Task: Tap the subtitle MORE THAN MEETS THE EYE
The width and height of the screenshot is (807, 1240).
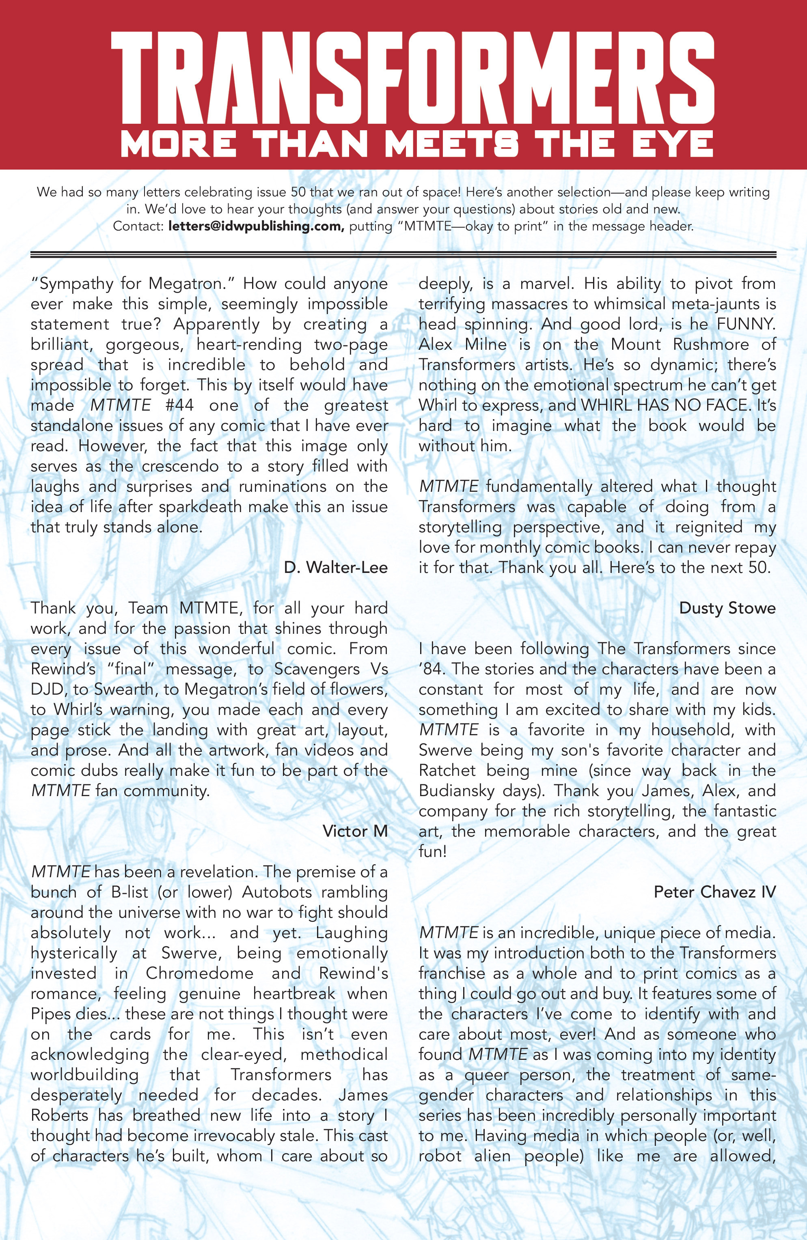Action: click(416, 143)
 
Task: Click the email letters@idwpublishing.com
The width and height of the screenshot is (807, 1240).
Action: click(256, 227)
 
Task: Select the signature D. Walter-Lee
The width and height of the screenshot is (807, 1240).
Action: click(336, 567)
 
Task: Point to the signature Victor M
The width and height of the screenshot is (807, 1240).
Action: click(355, 831)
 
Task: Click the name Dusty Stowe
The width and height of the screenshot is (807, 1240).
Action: click(727, 608)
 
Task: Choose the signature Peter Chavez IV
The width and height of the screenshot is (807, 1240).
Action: click(715, 892)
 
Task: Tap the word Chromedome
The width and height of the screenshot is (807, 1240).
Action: click(199, 973)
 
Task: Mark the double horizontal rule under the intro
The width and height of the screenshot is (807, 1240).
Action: click(403, 254)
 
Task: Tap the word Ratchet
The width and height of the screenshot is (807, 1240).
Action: click(447, 771)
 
